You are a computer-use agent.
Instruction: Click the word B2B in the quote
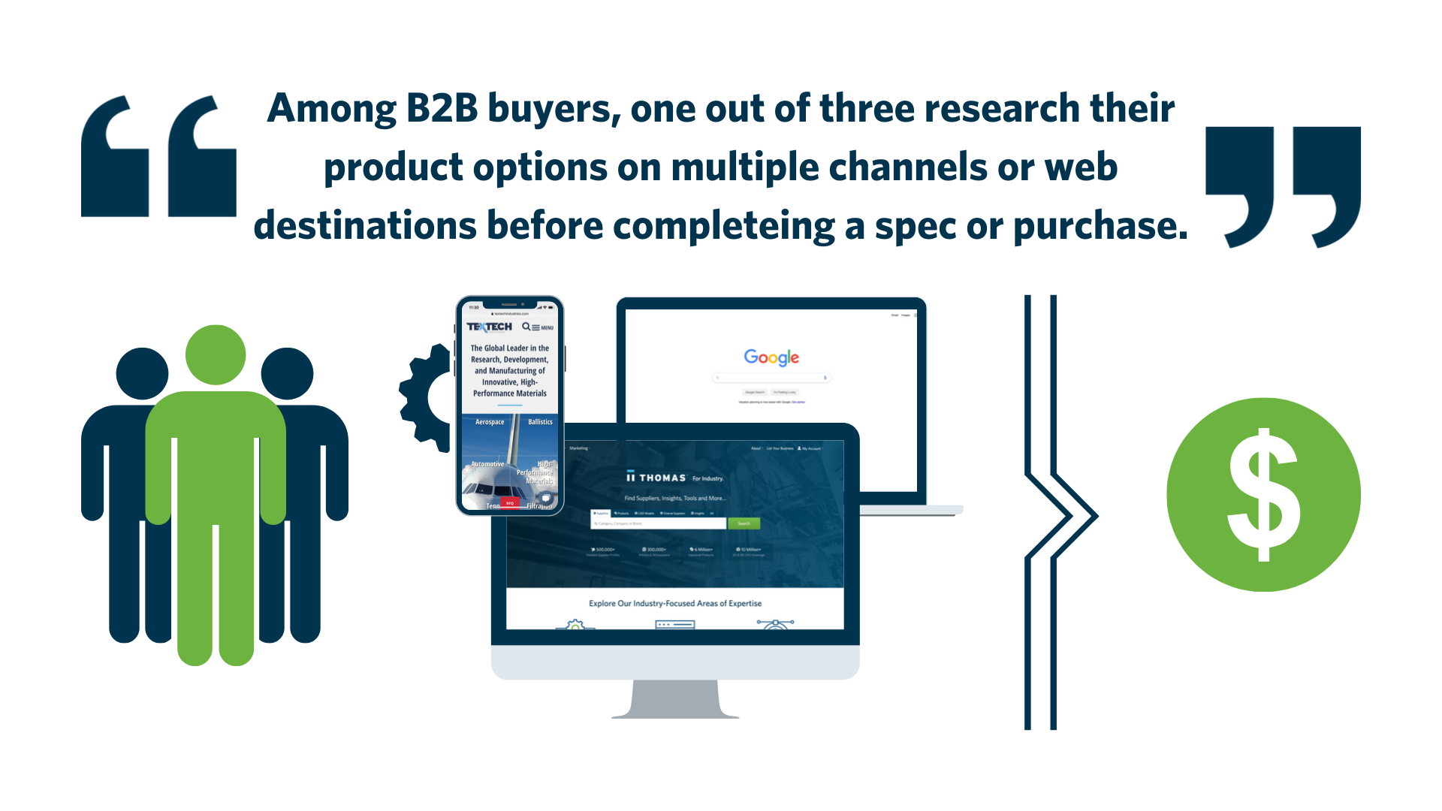click(x=442, y=109)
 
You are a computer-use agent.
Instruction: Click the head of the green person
click(x=216, y=354)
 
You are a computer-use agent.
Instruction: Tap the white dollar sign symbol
click(x=1263, y=495)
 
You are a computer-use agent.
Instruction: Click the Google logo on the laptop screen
click(x=771, y=357)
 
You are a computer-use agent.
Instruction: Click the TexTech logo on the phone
click(x=489, y=327)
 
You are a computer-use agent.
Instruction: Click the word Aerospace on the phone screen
click(x=490, y=422)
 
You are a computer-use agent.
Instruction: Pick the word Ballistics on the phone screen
click(x=540, y=422)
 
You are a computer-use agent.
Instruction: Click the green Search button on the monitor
click(x=744, y=523)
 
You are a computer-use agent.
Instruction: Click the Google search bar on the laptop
click(x=771, y=378)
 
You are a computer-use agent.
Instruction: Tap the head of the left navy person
click(x=142, y=374)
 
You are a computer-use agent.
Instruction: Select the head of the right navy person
click(x=287, y=374)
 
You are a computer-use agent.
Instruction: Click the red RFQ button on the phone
click(x=510, y=503)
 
